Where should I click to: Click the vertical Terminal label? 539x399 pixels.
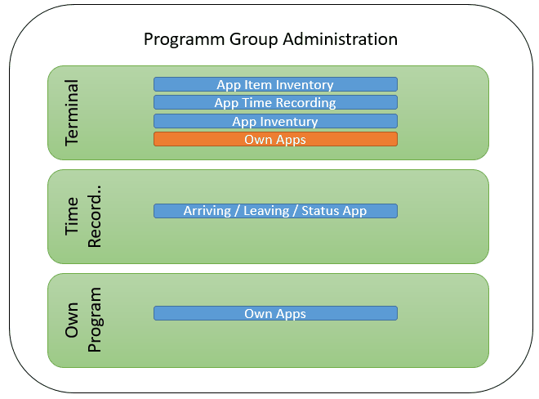click(72, 112)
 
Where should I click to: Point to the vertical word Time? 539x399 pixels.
click(72, 216)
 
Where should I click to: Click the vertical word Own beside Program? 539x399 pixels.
click(72, 320)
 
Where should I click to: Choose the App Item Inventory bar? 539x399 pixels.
click(275, 84)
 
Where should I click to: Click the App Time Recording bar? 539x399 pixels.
click(275, 103)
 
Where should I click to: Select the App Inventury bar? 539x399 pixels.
click(275, 121)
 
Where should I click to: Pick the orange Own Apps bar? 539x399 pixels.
click(275, 140)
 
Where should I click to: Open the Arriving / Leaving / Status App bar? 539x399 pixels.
click(275, 211)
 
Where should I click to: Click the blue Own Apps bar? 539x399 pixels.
click(275, 313)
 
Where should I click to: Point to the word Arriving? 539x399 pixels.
click(207, 211)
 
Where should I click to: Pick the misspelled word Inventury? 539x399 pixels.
click(287, 121)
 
